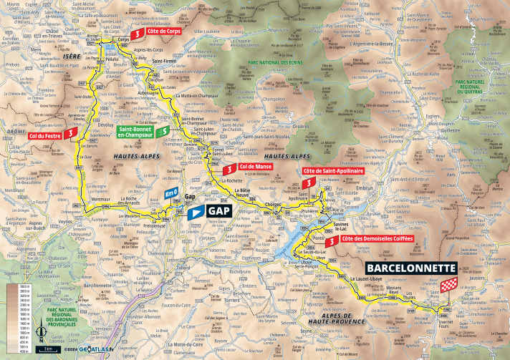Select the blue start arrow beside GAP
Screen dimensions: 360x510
pos(193,212)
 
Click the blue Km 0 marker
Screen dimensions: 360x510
pos(170,194)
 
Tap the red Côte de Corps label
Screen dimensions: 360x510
pos(163,31)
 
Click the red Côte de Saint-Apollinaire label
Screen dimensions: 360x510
pos(335,172)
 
